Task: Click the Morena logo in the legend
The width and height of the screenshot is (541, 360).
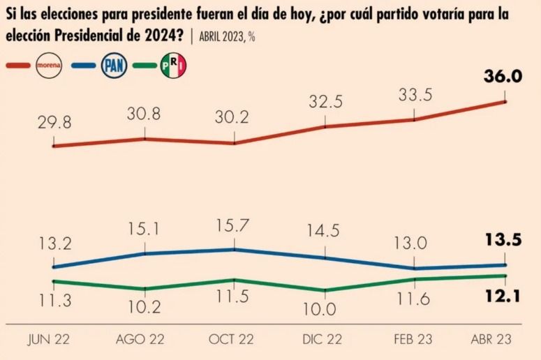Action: [49, 65]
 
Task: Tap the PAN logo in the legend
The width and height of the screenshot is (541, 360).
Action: [114, 65]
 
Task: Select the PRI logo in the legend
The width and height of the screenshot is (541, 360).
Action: [173, 65]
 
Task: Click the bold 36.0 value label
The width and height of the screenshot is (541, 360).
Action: [503, 77]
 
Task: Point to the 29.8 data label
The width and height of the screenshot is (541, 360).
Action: [54, 123]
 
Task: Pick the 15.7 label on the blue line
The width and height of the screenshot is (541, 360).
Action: [232, 225]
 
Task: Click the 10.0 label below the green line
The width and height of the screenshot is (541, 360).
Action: [319, 309]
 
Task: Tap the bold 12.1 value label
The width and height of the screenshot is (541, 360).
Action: [503, 297]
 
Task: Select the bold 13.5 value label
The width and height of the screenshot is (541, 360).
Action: [503, 240]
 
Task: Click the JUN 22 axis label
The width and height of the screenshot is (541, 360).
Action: [48, 340]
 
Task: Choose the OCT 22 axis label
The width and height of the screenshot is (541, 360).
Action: [231, 340]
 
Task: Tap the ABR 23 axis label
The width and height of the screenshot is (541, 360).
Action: [491, 340]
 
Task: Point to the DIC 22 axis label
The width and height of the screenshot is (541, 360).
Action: [323, 340]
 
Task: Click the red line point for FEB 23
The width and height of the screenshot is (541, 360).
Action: [414, 120]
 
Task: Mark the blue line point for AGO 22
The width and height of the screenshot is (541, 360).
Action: [144, 253]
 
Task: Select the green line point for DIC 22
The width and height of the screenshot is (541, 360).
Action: [325, 290]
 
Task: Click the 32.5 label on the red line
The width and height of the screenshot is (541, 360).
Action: [325, 102]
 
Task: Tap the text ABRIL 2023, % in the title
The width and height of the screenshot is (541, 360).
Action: [227, 36]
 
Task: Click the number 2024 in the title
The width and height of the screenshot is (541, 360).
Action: [160, 36]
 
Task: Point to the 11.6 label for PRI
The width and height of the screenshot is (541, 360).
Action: [413, 299]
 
